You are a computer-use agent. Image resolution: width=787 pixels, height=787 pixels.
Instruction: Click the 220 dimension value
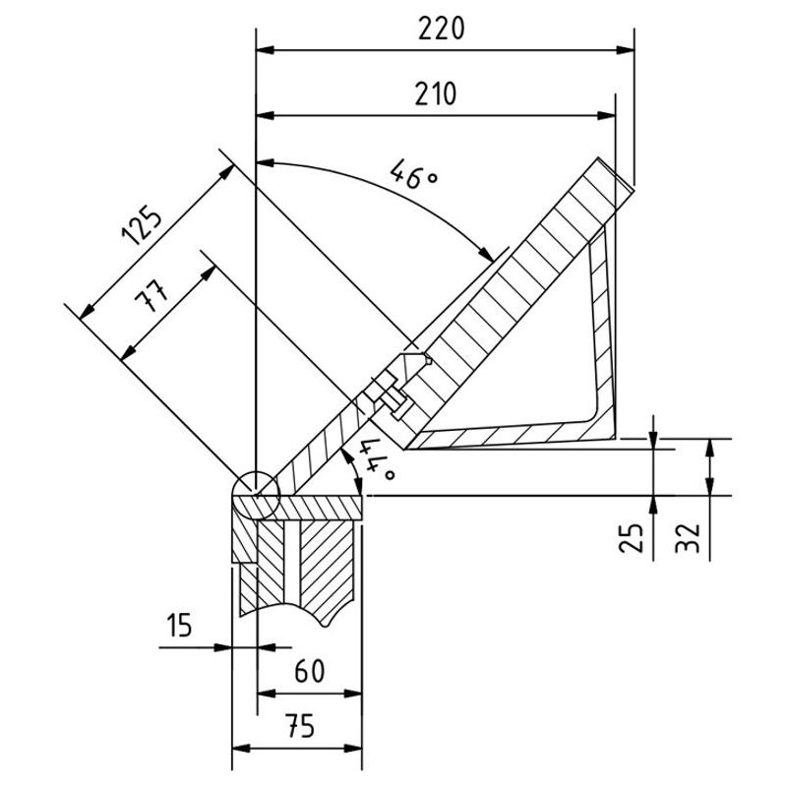pos(440,30)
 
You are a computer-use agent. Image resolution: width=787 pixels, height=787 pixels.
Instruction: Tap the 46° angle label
pos(413,174)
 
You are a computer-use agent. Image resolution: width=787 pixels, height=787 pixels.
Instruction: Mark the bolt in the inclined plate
pos(389,394)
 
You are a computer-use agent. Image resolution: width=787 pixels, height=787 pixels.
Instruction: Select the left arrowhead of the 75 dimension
pos(238,750)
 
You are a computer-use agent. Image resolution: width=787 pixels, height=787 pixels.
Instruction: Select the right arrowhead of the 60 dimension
pos(355,695)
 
